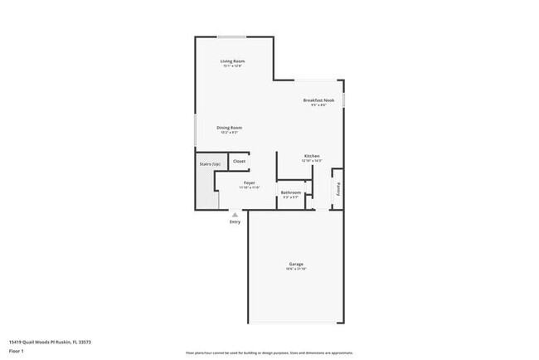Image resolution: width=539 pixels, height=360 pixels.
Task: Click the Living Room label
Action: coord(232,61)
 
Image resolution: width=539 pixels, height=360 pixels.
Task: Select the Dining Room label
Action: coord(229,127)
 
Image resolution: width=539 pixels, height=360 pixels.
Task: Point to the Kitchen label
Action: coord(312,156)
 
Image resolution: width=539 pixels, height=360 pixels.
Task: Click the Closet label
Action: coord(239,161)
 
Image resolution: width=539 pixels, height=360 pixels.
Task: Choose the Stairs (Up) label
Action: coord(210,164)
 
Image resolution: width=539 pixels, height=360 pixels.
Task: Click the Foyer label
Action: coord(249,182)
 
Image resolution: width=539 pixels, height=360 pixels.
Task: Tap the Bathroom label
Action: coord(290,192)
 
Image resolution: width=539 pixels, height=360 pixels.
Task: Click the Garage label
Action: coord(296,264)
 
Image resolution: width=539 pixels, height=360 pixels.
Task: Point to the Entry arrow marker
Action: coord(235,214)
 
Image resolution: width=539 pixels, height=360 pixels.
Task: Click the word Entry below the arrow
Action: coord(235,221)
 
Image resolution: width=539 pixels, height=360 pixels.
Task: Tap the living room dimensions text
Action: coord(232,66)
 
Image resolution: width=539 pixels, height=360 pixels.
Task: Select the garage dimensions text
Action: coord(296,269)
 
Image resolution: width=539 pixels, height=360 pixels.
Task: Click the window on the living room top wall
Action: coord(231,36)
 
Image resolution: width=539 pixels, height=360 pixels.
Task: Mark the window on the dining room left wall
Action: coord(196,130)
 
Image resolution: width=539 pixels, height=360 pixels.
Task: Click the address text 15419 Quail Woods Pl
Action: coord(49,341)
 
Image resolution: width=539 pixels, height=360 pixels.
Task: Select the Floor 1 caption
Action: coord(17,351)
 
